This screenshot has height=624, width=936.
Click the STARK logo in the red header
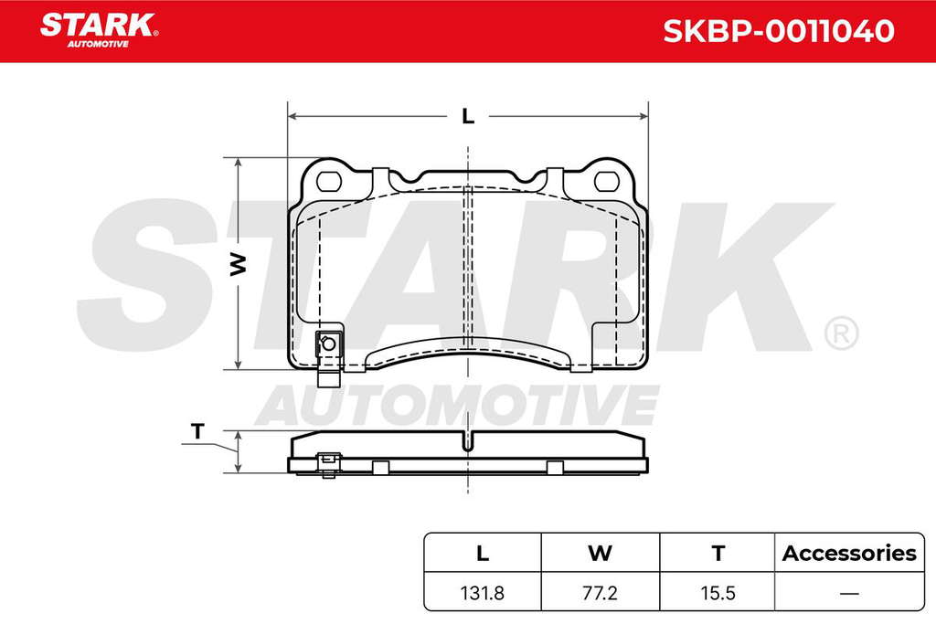[99, 30]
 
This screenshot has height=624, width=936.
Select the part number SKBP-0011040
[779, 31]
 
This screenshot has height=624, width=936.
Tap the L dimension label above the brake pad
[468, 116]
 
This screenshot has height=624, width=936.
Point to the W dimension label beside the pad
[239, 264]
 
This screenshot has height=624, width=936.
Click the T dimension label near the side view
[197, 430]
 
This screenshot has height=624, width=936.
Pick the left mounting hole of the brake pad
[328, 181]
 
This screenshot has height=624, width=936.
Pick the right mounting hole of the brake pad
[608, 181]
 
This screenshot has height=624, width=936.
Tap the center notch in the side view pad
[468, 442]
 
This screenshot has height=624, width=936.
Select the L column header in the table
[483, 553]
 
